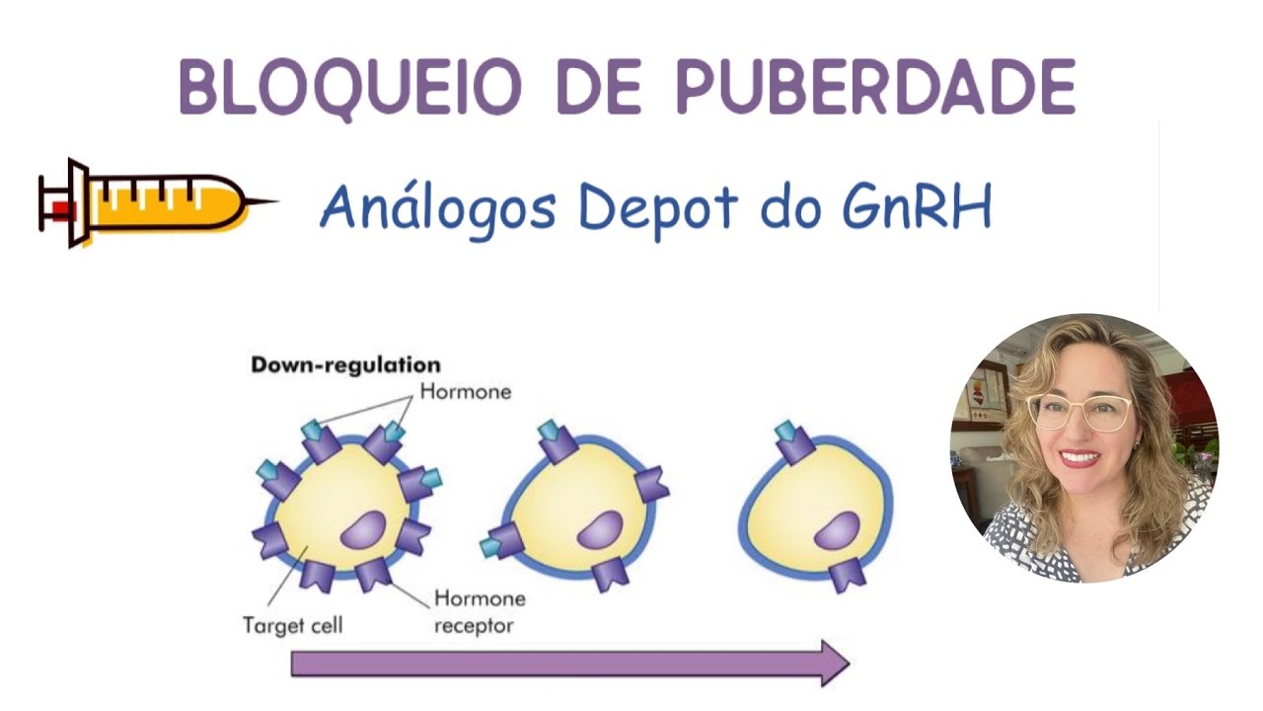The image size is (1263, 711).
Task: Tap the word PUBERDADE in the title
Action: (875, 87)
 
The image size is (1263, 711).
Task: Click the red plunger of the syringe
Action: (62, 208)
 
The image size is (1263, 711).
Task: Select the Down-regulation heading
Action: (345, 365)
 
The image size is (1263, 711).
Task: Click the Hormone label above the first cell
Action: (466, 391)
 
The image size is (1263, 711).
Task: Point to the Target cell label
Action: (292, 625)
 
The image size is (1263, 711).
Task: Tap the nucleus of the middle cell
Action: (599, 531)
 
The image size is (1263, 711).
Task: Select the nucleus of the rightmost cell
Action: (837, 531)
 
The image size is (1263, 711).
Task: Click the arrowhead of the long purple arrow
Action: (834, 663)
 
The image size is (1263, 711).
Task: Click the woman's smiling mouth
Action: (1079, 457)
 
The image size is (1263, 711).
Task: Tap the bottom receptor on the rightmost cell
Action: (846, 573)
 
